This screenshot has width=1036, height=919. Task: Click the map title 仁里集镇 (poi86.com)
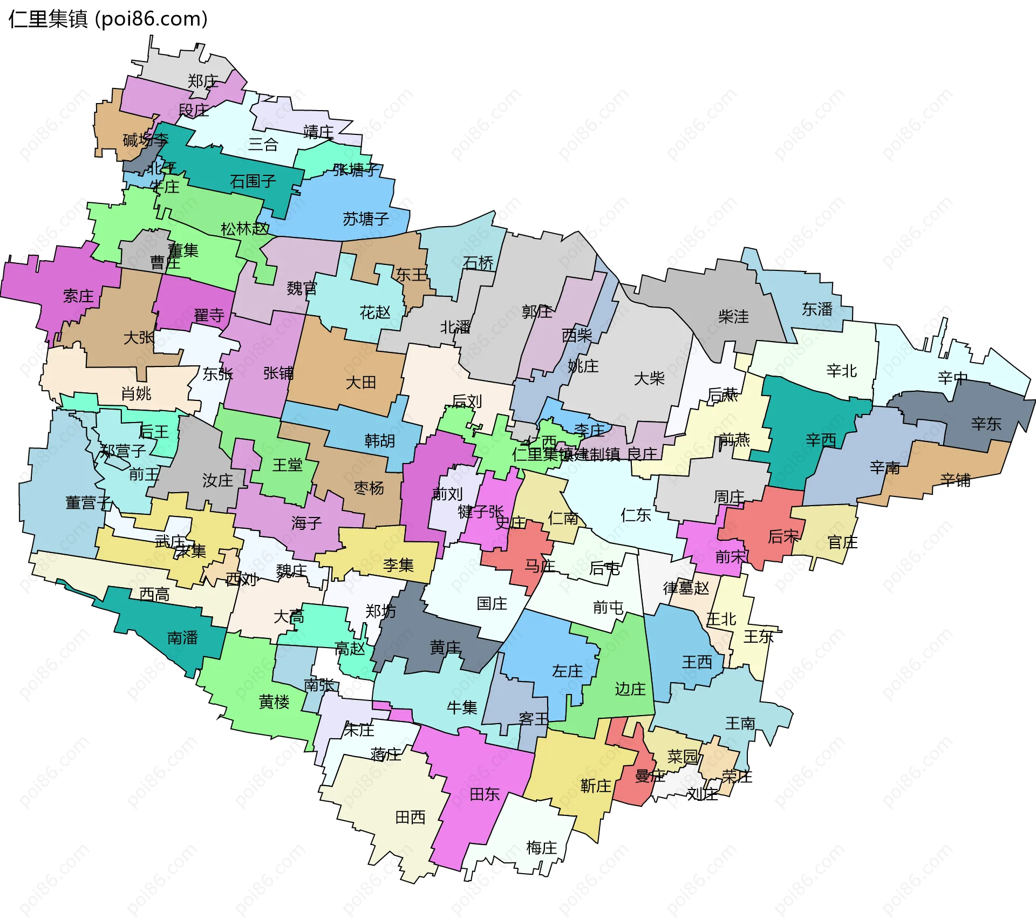pos(108,19)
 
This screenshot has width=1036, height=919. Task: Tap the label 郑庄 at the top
pos(203,81)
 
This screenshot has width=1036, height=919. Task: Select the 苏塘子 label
pos(366,219)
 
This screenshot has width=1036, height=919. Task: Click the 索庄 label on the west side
pos(78,296)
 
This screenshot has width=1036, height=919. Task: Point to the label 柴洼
pos(733,317)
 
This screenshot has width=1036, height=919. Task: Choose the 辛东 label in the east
pos(986,424)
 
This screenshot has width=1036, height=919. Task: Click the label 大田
pos(360,383)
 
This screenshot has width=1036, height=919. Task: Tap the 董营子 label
pos(88,503)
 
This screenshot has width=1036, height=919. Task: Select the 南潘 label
pos(182,638)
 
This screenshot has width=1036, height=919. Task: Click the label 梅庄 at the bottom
pos(541,847)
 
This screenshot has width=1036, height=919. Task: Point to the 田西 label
pos(410,817)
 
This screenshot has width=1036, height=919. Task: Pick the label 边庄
pos(630,689)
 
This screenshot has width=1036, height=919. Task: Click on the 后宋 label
pos(783,536)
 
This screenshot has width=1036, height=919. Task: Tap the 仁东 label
pos(636,515)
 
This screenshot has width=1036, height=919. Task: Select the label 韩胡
pos(380,441)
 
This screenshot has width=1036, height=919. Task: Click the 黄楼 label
pos(274,702)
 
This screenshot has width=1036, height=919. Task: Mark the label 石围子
pos(253,181)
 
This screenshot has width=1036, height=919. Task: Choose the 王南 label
pos(740,723)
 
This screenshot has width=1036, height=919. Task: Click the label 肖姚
pos(136,393)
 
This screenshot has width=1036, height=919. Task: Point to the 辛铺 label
pos(955,480)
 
